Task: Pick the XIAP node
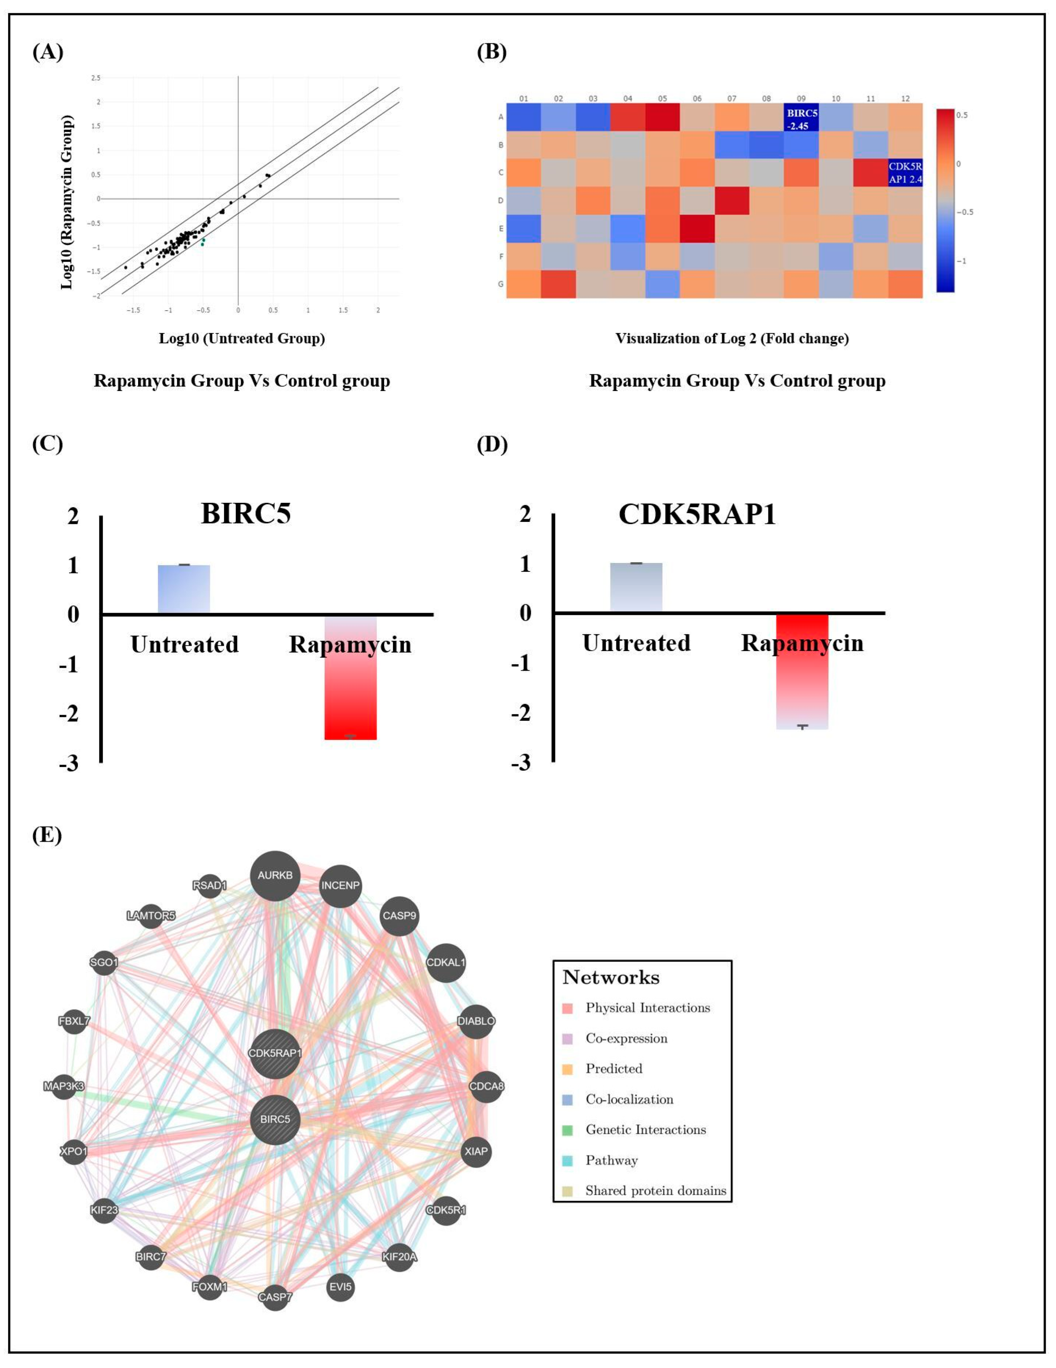(476, 1151)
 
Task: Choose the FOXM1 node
(209, 1286)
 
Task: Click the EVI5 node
(340, 1286)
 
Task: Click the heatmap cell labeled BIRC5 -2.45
(801, 118)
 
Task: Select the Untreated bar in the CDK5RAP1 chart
(636, 587)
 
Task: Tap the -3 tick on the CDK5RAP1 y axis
(520, 762)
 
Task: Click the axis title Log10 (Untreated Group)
(242, 338)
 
